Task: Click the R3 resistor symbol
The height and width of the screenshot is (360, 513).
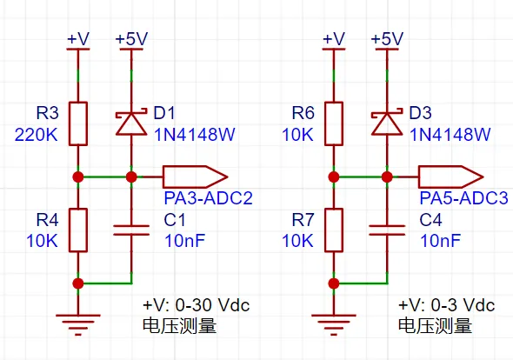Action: pos(78,123)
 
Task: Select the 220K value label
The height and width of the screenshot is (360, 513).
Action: pos(37,135)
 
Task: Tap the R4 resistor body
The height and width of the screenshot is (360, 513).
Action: pos(78,230)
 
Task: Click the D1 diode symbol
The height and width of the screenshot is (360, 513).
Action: pos(131,123)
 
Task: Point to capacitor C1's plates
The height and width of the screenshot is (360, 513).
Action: pos(131,230)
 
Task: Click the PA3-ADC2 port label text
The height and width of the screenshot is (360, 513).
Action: pos(208,198)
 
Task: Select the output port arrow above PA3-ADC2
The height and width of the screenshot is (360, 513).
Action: pos(195,177)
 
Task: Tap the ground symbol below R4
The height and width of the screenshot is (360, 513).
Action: pos(78,325)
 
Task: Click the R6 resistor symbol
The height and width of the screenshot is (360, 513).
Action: pos(334,123)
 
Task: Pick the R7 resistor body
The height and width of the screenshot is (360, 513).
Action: pos(334,230)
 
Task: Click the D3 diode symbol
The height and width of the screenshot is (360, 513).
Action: pos(387,123)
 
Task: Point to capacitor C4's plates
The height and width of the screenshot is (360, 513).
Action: pos(387,230)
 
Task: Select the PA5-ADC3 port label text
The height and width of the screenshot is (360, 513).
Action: pos(464,198)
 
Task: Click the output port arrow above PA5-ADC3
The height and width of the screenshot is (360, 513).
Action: pos(451,177)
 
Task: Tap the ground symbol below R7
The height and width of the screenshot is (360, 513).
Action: pos(334,325)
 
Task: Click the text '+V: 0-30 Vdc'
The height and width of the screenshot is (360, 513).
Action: pos(196,305)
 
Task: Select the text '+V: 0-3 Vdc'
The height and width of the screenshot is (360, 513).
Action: pos(446,305)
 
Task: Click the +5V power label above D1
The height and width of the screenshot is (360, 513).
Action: pos(131,38)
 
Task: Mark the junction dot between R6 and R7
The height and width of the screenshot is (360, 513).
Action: pos(334,177)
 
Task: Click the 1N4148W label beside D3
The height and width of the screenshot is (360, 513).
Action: pos(450,135)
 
